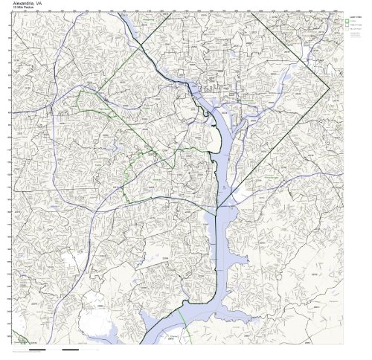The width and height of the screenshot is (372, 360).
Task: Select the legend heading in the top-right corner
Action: point(350,16)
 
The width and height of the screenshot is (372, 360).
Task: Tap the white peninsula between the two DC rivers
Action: point(227,149)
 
